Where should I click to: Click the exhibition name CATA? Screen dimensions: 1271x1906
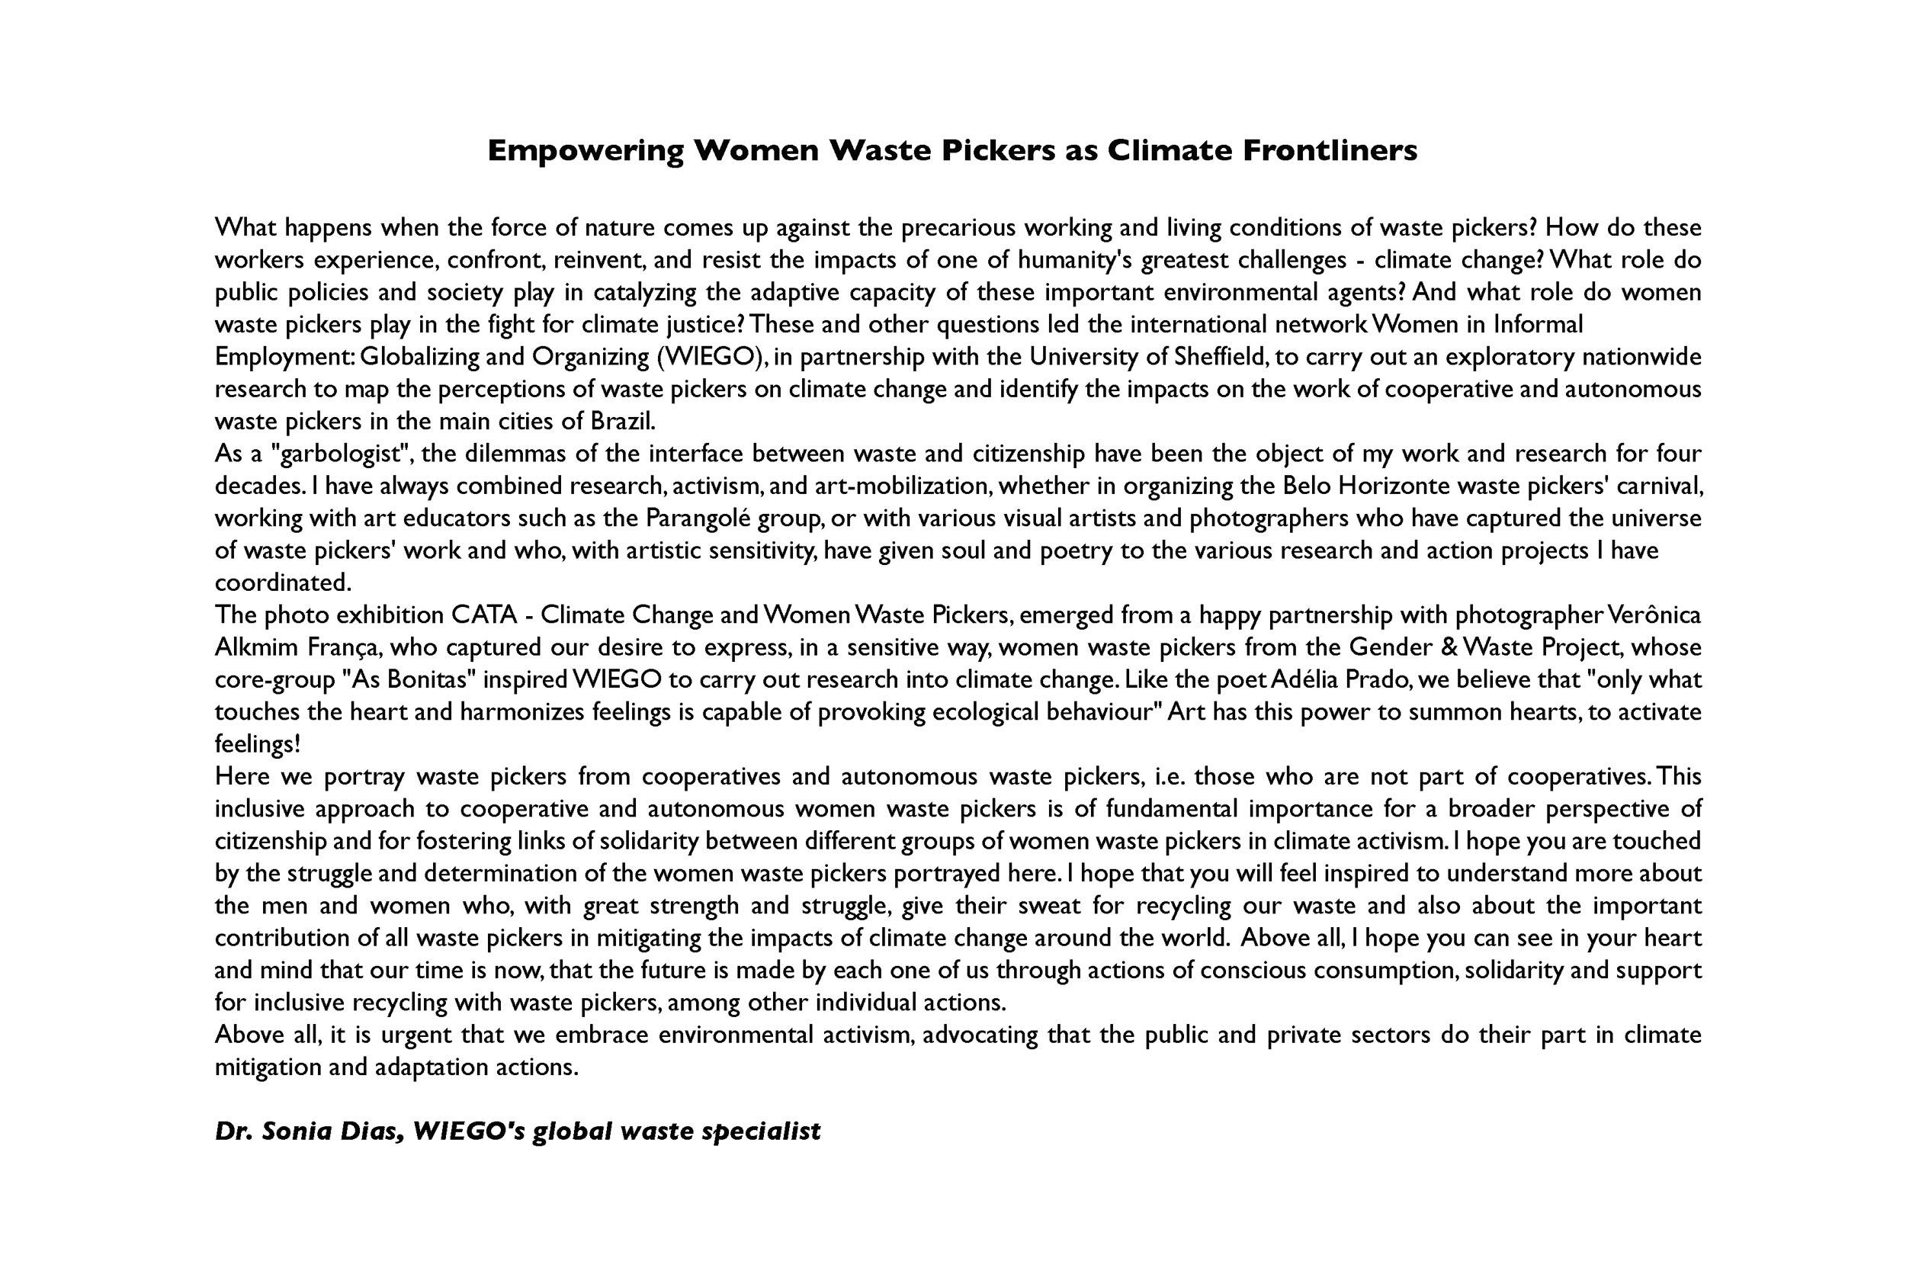click(485, 615)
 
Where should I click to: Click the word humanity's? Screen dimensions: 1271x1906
click(1076, 260)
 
